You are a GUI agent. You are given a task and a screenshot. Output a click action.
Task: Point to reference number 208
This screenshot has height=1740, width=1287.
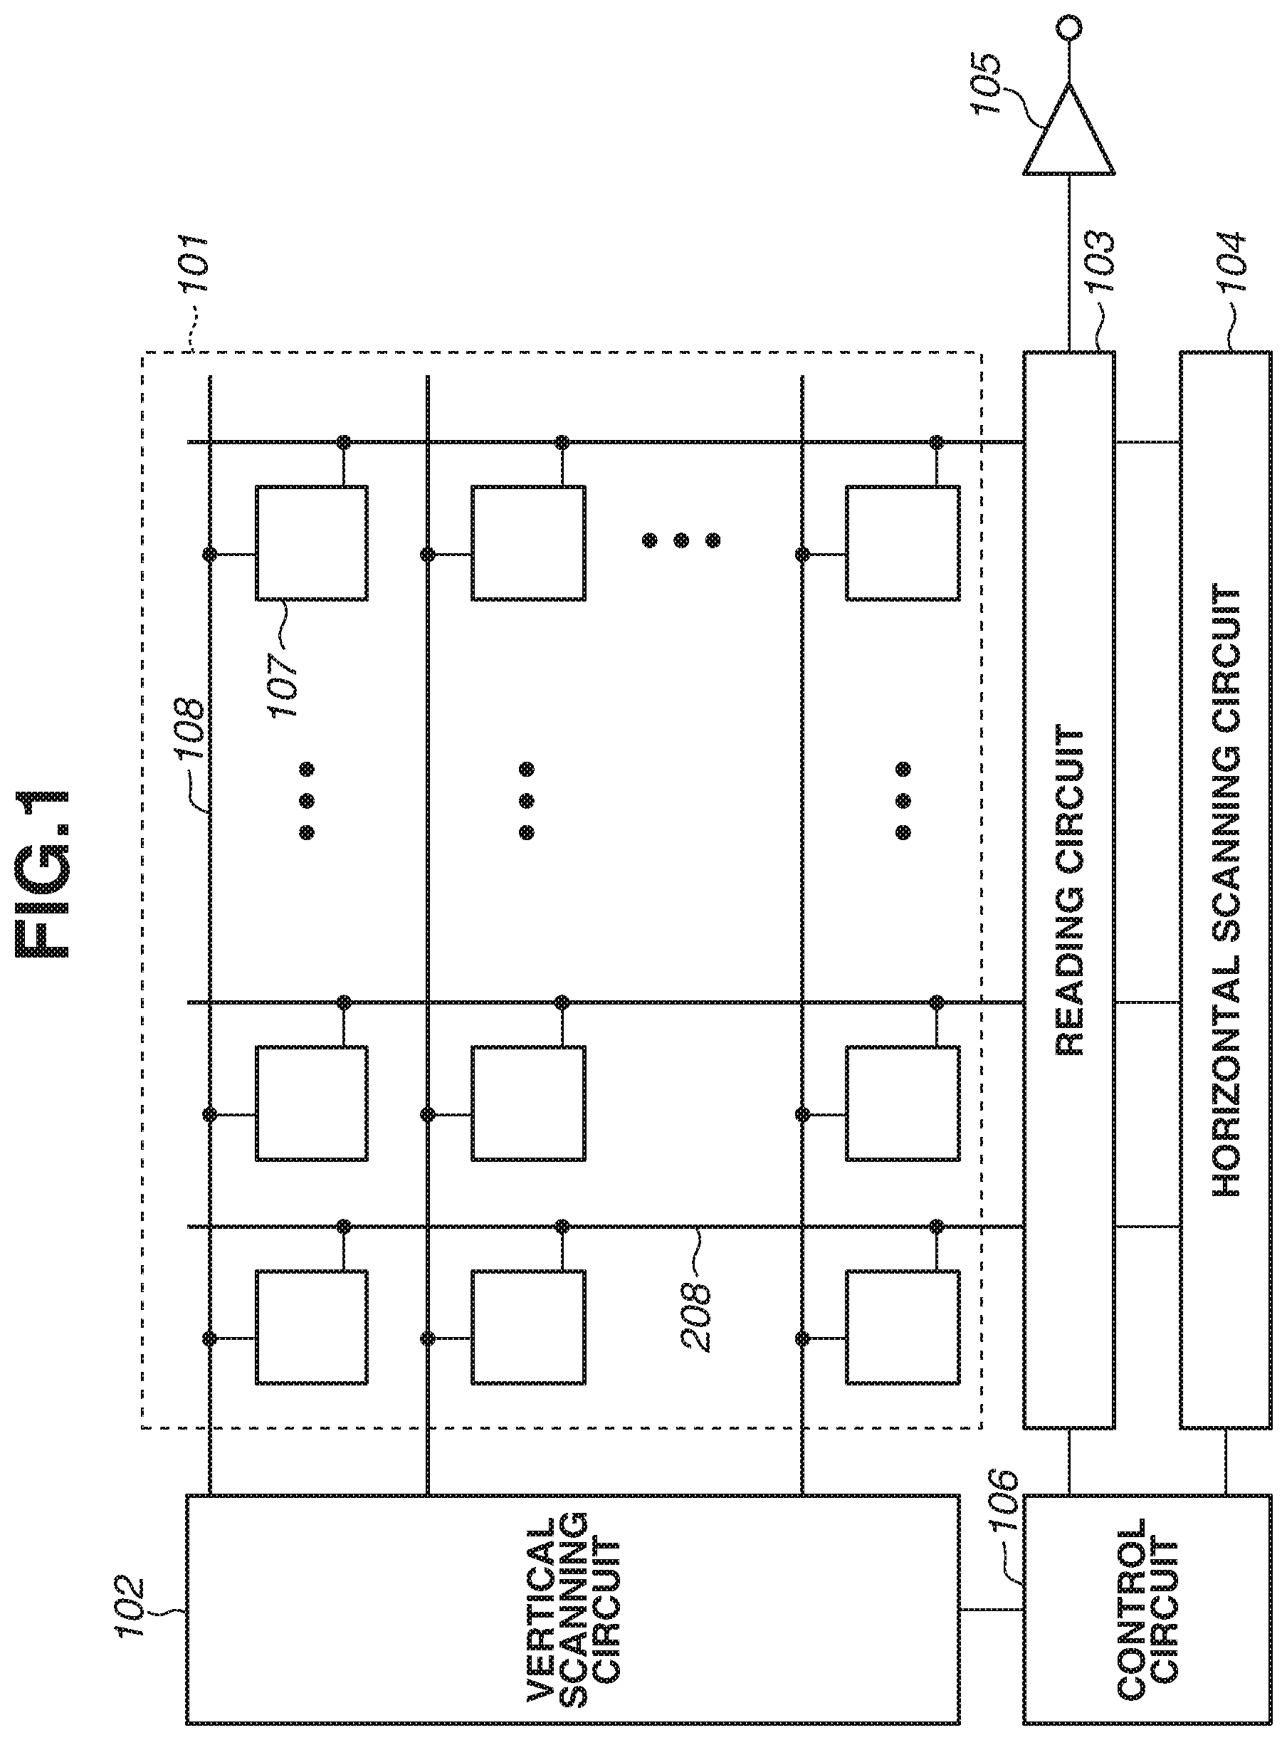695,1309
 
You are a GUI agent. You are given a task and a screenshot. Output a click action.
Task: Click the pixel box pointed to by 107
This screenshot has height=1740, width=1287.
312,543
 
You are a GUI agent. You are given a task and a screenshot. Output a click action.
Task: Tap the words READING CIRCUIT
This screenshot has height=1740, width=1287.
1069,891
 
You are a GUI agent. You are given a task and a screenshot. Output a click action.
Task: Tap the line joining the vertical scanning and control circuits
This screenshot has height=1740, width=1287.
991,1610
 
